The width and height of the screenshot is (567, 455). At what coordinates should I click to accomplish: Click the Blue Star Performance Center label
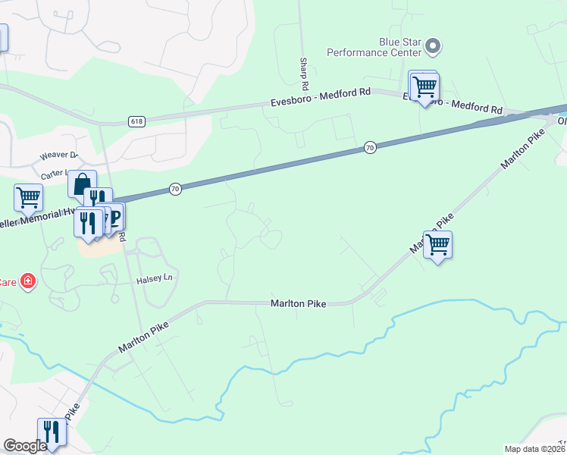[x=374, y=47]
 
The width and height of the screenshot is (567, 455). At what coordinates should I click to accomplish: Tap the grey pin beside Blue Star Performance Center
[x=433, y=46]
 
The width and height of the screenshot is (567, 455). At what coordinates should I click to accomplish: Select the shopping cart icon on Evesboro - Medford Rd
[x=424, y=88]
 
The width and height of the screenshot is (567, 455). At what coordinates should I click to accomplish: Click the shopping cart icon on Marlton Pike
[x=437, y=246]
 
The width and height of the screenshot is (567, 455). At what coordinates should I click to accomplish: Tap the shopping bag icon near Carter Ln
[x=81, y=184]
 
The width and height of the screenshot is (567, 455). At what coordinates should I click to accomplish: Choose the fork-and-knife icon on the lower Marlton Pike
[x=52, y=432]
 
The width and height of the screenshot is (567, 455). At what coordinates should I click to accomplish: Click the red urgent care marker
[x=28, y=281]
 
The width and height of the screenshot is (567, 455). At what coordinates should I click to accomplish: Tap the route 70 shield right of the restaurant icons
[x=175, y=189]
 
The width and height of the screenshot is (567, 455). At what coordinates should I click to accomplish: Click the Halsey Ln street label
[x=155, y=280]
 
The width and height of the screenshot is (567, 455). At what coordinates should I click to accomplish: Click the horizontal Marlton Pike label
[x=299, y=303]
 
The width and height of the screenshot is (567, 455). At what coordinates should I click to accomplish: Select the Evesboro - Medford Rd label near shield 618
[x=321, y=102]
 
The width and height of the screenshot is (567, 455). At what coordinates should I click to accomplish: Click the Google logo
[x=25, y=446]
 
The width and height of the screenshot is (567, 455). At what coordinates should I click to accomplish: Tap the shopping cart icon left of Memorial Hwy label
[x=28, y=197]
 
